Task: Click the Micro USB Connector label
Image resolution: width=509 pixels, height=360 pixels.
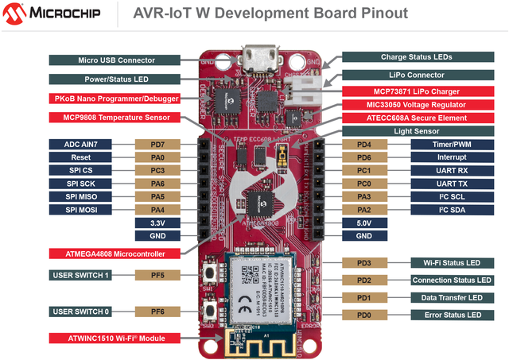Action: point(116,60)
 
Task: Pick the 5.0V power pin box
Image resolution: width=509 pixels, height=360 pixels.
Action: point(364,223)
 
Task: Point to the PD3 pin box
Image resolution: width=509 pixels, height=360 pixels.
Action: point(364,262)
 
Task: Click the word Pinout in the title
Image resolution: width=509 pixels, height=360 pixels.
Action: point(376,14)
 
